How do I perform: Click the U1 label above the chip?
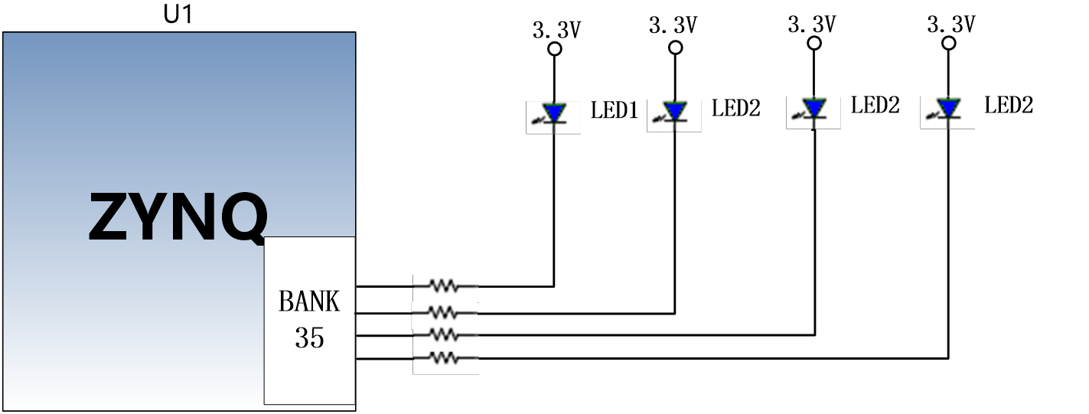(x=178, y=15)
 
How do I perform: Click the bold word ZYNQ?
(x=178, y=217)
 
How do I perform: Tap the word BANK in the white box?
(x=309, y=302)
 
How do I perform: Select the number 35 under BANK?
(x=309, y=337)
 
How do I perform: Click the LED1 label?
(x=614, y=110)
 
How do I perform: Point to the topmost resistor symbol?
(x=444, y=286)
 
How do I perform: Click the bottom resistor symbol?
(x=444, y=359)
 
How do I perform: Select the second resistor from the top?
(x=444, y=313)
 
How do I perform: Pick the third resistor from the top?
(x=444, y=334)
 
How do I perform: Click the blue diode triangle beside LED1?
(x=554, y=113)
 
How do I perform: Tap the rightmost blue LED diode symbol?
(x=948, y=108)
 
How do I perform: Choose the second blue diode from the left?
(x=675, y=111)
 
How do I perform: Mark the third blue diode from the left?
(x=814, y=108)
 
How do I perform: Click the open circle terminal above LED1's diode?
(x=555, y=48)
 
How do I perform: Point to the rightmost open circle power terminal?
(x=948, y=44)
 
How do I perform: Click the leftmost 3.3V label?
(x=556, y=30)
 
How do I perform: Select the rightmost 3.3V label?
(x=951, y=24)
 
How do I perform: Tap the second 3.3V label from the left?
(x=673, y=25)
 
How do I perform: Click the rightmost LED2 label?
(x=1009, y=105)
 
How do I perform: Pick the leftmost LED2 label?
(x=735, y=108)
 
